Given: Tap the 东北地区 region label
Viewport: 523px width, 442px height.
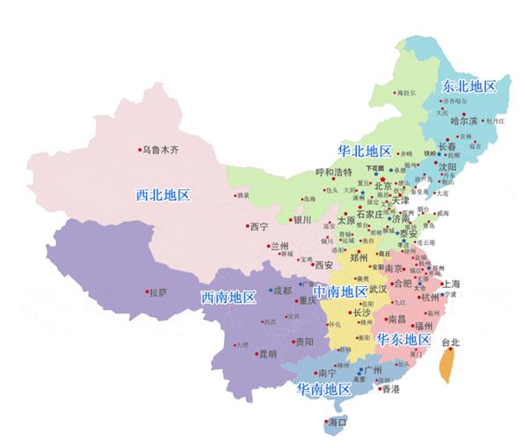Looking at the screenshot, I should (469, 86).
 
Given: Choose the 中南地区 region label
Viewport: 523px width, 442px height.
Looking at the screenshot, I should (340, 291).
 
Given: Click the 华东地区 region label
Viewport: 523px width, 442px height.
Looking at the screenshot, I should (403, 339).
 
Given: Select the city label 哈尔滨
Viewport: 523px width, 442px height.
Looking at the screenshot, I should (463, 121).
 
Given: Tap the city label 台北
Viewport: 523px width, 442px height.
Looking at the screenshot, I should (449, 341).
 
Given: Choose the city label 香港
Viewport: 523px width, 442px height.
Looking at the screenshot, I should (389, 388).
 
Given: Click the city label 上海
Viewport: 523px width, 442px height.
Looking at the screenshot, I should (454, 284).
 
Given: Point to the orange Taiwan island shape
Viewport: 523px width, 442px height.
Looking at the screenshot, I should (446, 364).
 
